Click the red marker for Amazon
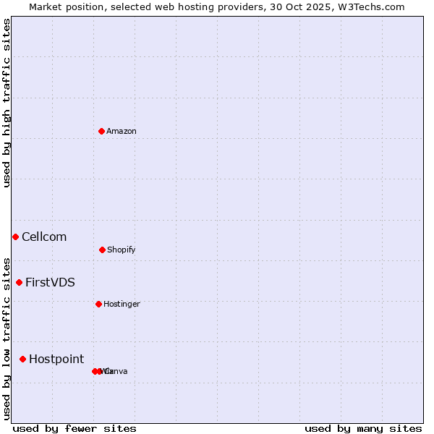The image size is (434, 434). (101, 131)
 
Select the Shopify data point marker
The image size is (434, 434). (102, 250)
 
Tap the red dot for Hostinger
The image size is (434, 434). (98, 304)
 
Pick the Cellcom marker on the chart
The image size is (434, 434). (15, 237)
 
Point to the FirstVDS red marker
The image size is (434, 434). (19, 282)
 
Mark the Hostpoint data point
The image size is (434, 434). (22, 359)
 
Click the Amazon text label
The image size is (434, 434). (122, 131)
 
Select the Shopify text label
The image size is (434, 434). (122, 250)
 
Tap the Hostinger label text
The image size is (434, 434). (122, 304)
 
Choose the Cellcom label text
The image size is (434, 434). (44, 237)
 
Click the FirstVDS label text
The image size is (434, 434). (50, 282)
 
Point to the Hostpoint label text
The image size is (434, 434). (56, 359)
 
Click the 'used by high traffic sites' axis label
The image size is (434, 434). (7, 103)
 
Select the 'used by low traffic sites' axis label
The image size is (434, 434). (7, 338)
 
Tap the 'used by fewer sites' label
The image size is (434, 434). (75, 428)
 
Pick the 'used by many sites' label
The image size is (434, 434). (363, 428)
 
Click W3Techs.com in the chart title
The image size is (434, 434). (369, 7)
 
